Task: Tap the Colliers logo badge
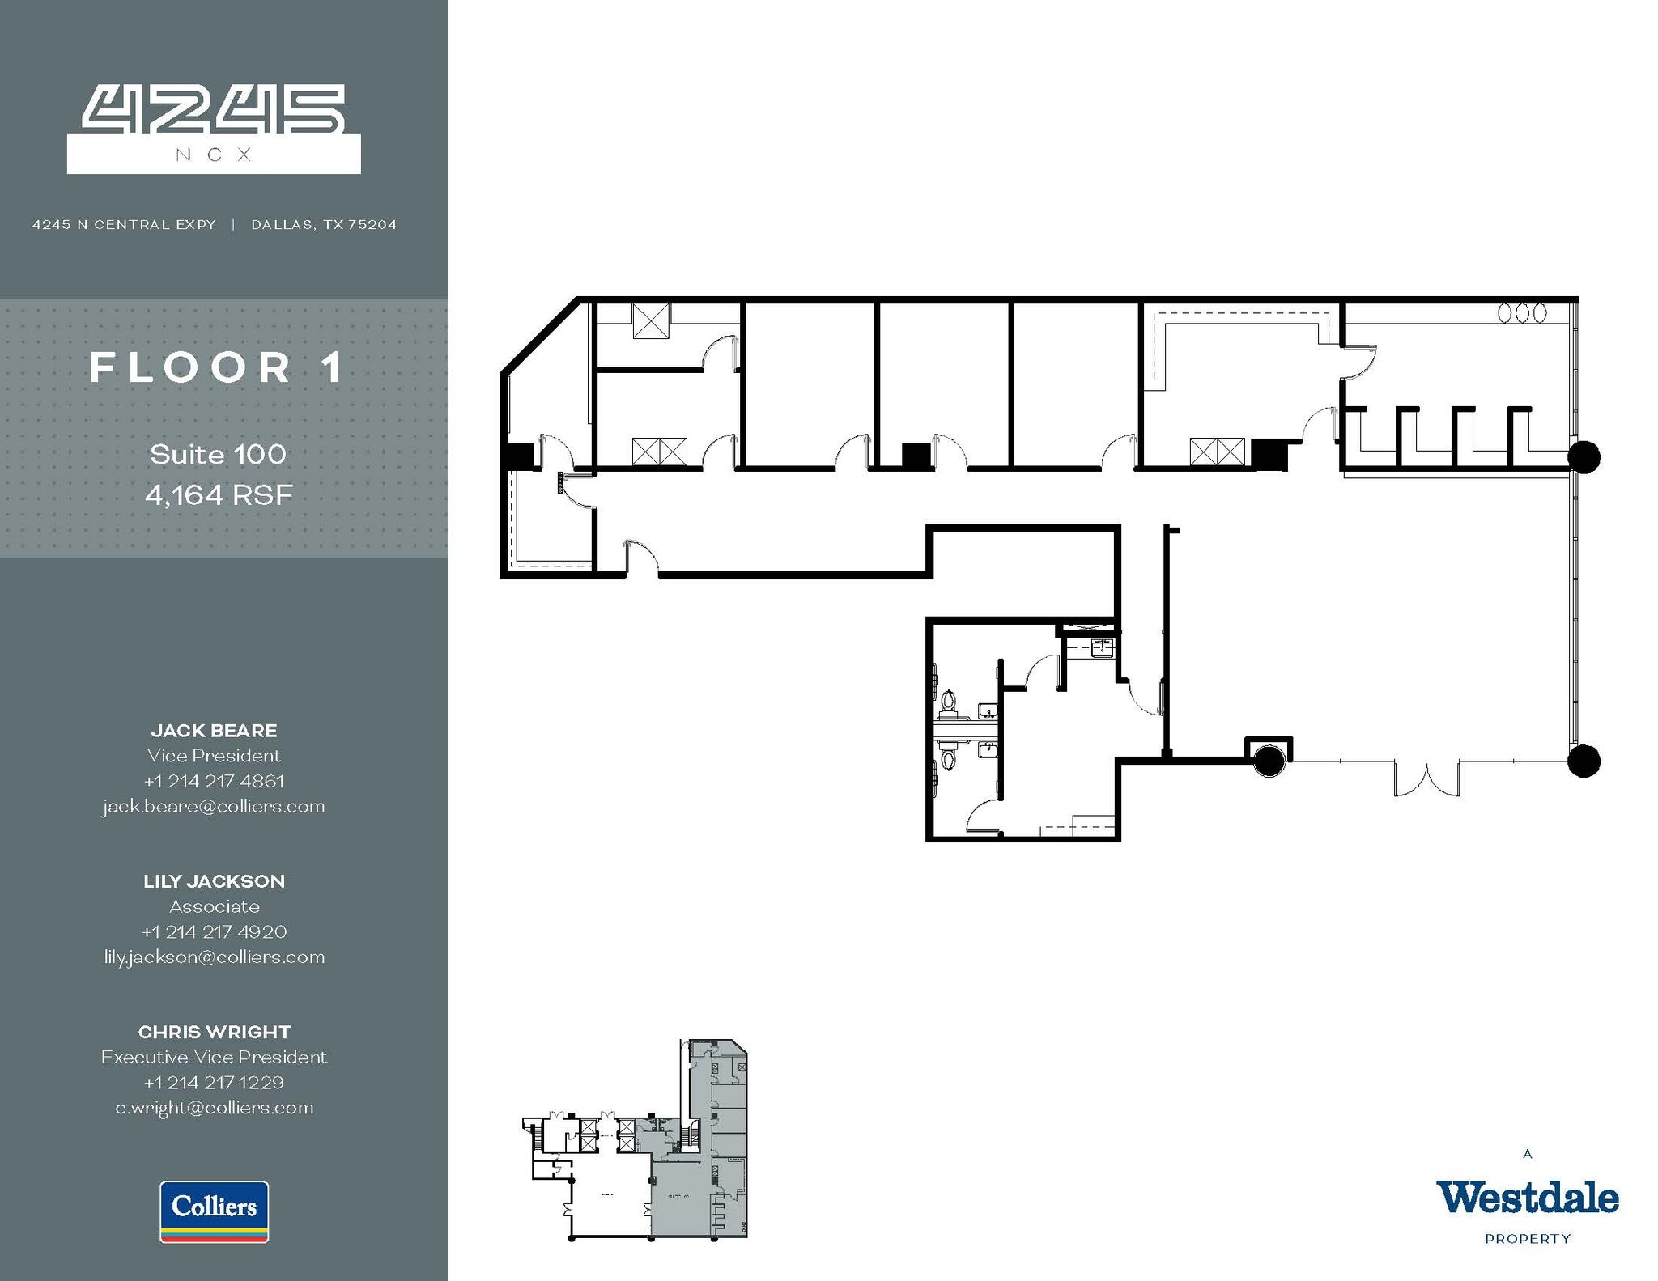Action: [x=214, y=1211]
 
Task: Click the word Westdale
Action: [x=1527, y=1198]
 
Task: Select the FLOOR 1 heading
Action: [x=217, y=367]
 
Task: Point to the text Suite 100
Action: [x=218, y=454]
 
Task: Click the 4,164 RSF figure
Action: [x=219, y=494]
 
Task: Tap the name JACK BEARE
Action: [x=214, y=730]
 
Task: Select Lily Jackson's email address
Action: [x=214, y=957]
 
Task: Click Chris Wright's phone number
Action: [x=214, y=1082]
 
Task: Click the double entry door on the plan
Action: [x=1426, y=777]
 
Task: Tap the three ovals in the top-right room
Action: [x=1522, y=313]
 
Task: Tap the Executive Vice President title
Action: [x=214, y=1057]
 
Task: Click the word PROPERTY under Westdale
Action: [x=1527, y=1238]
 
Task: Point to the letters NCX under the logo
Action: [x=214, y=155]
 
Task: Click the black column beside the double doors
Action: [x=1269, y=761]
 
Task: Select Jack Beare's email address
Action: [x=214, y=806]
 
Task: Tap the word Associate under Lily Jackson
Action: [x=214, y=906]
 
